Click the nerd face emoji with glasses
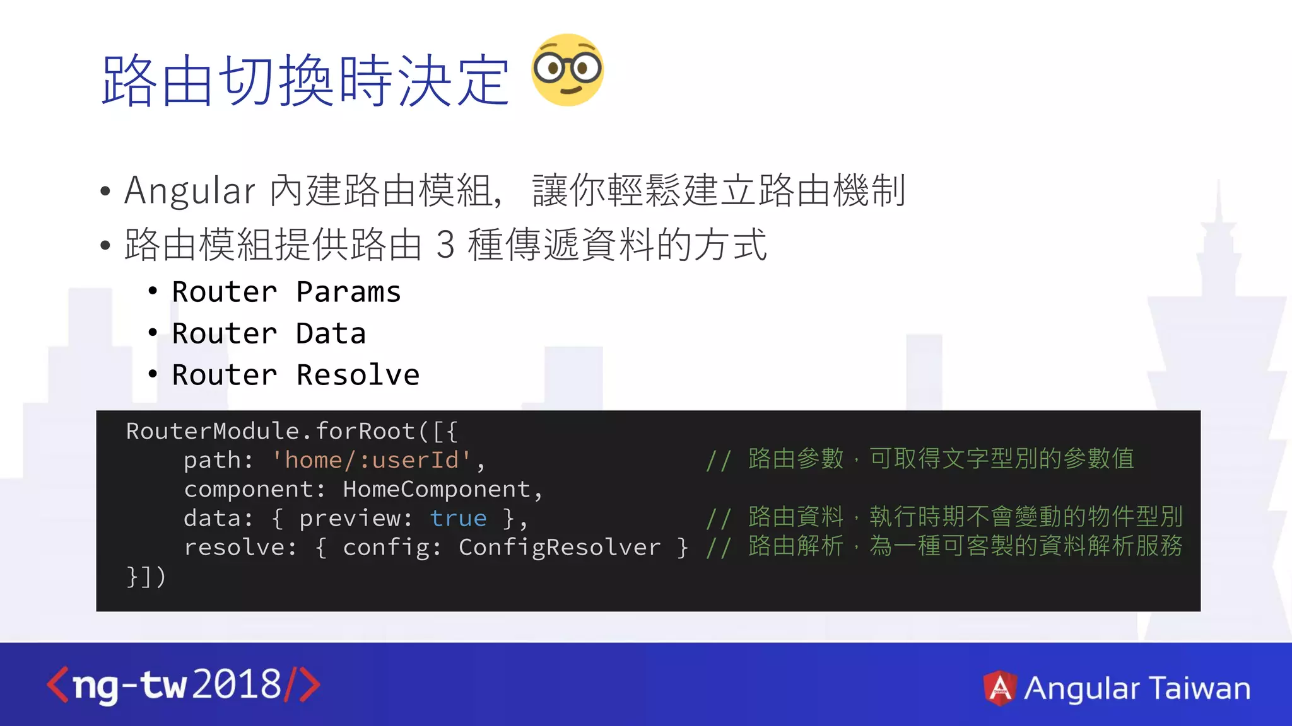(x=567, y=69)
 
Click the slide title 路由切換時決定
(x=305, y=81)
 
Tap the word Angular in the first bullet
(x=190, y=190)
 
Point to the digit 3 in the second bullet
(x=445, y=245)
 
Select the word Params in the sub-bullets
(x=348, y=292)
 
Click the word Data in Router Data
(x=331, y=334)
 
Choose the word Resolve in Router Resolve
(x=358, y=376)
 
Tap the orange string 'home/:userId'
(x=372, y=460)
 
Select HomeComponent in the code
(x=437, y=489)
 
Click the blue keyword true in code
(x=458, y=518)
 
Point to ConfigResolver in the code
(x=559, y=547)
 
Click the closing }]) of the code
(x=146, y=576)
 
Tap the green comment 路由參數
(x=796, y=459)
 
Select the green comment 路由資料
(x=796, y=517)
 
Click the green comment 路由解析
(x=796, y=546)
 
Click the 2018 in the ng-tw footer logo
(x=237, y=684)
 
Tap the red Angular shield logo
(x=1000, y=688)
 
